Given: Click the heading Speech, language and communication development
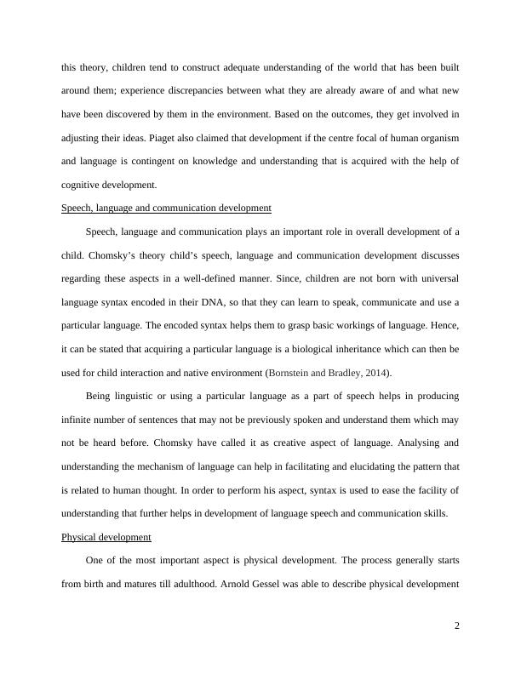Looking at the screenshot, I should [167, 208].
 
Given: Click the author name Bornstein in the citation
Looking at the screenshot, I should [294, 374].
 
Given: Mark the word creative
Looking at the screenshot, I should [262, 444].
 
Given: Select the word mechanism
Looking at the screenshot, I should [169, 468].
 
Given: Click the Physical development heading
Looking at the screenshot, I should [106, 538].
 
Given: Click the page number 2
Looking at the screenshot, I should [457, 627].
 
